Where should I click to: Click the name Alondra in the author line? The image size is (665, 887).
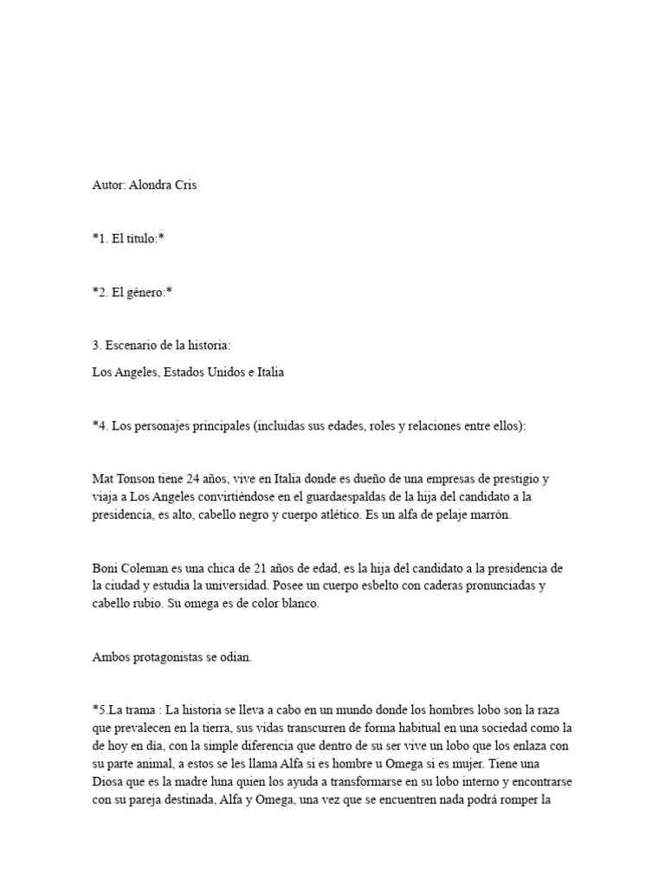point(151,185)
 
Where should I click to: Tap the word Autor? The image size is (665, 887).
point(108,185)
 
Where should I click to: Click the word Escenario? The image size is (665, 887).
point(132,346)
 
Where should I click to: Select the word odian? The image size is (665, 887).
point(235,657)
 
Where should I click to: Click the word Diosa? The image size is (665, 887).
point(111,782)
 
